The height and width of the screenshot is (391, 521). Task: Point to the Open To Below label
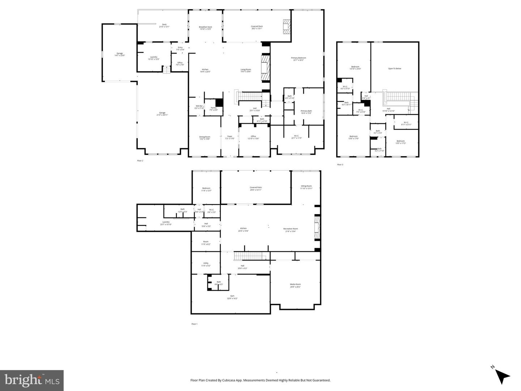click(395, 68)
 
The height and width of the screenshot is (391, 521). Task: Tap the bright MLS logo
click(32, 381)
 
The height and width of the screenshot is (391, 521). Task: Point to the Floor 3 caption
click(340, 165)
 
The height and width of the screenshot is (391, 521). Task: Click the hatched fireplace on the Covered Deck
click(287, 27)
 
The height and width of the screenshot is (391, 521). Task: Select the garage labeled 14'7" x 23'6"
click(119, 54)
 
